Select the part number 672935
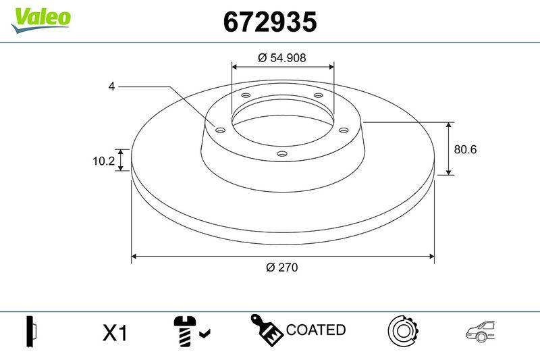[x=269, y=22]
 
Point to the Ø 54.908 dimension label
[x=282, y=58]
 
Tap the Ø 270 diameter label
[x=282, y=267]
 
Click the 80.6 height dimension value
[x=465, y=149]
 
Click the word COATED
[x=316, y=330]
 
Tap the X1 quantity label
[x=115, y=332]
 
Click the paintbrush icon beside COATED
[x=267, y=330]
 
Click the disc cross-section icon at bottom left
[x=32, y=331]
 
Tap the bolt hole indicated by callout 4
[x=219, y=130]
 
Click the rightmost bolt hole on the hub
[x=342, y=130]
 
